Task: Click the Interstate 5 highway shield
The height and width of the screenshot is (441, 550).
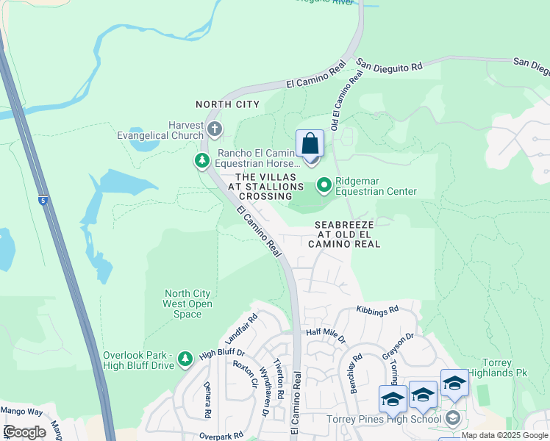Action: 44,201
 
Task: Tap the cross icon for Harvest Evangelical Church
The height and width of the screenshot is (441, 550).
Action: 214,130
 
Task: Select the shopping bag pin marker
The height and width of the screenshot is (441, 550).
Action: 310,145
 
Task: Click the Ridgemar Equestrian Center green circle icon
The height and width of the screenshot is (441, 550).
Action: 324,184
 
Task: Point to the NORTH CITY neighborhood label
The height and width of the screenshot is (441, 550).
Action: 227,104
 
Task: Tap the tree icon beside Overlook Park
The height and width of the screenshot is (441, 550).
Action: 185,358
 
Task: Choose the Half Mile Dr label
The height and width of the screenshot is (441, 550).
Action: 326,333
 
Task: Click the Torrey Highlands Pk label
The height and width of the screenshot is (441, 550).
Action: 505,368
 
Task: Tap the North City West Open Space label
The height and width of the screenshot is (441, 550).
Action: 188,304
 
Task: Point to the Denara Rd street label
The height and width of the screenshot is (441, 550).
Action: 207,403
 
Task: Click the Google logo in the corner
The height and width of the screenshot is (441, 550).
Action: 24,432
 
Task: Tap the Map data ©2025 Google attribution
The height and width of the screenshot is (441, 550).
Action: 504,435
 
